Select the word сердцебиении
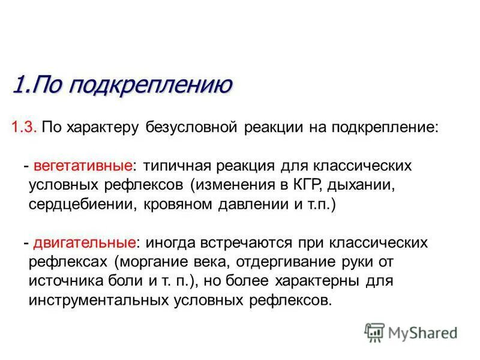click(x=83, y=204)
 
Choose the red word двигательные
click(x=84, y=243)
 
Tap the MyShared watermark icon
click(x=374, y=331)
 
